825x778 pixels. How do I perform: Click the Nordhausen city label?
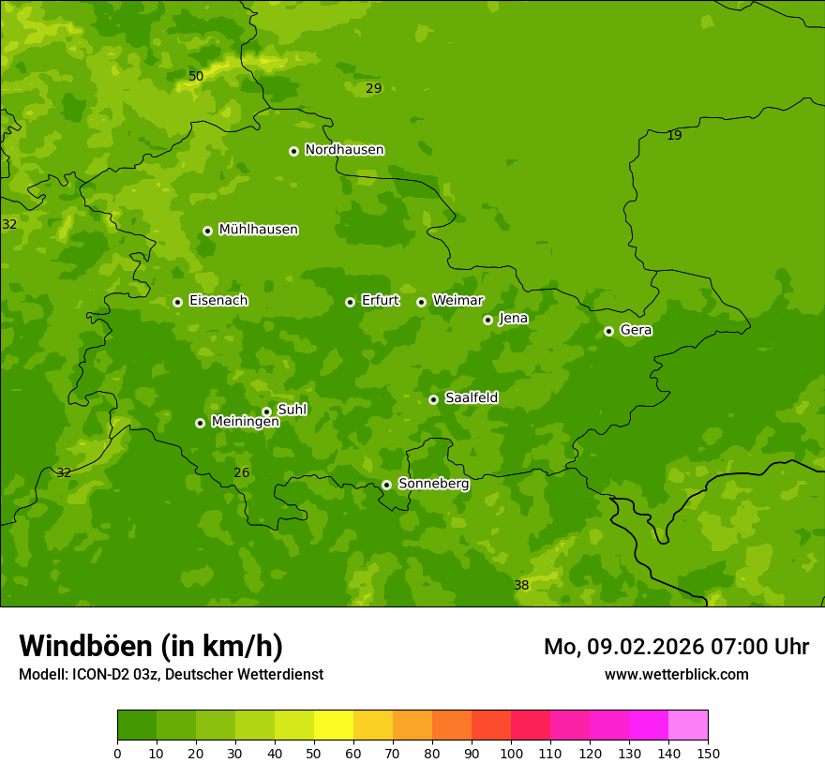click(344, 150)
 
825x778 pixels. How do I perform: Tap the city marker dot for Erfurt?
click(350, 302)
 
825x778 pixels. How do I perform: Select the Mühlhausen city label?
click(258, 230)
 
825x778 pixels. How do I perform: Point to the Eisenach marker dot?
click(177, 302)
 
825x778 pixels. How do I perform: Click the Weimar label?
click(457, 301)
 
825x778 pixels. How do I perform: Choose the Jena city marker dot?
click(487, 320)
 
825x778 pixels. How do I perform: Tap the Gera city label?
click(636, 330)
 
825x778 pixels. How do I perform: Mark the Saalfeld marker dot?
click(433, 399)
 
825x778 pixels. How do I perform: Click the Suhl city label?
click(292, 410)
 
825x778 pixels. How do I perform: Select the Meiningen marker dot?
click(200, 423)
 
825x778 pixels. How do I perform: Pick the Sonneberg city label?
click(433, 484)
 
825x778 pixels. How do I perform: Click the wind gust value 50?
click(196, 77)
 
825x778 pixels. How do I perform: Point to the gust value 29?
click(374, 89)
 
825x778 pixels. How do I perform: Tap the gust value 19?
click(674, 136)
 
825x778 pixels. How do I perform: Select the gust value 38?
click(521, 586)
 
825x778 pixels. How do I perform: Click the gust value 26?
click(242, 473)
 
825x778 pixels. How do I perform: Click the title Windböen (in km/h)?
click(151, 646)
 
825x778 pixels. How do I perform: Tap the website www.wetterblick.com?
click(676, 675)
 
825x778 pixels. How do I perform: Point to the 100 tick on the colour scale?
click(511, 753)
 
